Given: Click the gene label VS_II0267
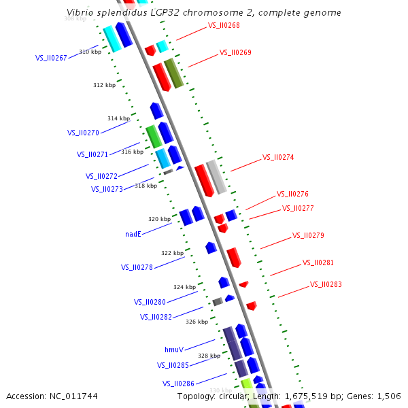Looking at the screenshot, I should pyautogui.click(x=51, y=58).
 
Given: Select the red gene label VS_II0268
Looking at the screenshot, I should pyautogui.click(x=224, y=26).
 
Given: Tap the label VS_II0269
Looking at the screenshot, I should pyautogui.click(x=235, y=53).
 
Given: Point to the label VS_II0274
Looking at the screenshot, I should pyautogui.click(x=278, y=158).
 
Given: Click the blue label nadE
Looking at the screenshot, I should pyautogui.click(x=133, y=234).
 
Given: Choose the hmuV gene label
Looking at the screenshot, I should pyautogui.click(x=174, y=350).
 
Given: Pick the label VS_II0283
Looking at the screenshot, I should pyautogui.click(x=326, y=285).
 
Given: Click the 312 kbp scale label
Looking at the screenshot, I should pyautogui.click(x=105, y=85).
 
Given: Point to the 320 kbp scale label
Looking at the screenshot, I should pyautogui.click(x=160, y=219).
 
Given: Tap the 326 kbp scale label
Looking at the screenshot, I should pyautogui.click(x=197, y=322).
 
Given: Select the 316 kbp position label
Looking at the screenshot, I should pyautogui.click(x=133, y=152).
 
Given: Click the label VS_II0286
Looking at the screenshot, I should pyautogui.click(x=178, y=384).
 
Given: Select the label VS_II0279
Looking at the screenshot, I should pyautogui.click(x=308, y=236).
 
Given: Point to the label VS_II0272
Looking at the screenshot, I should pyautogui.click(x=101, y=176).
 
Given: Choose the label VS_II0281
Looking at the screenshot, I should pyautogui.click(x=318, y=262).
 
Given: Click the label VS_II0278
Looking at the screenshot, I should pyautogui.click(x=137, y=267).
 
